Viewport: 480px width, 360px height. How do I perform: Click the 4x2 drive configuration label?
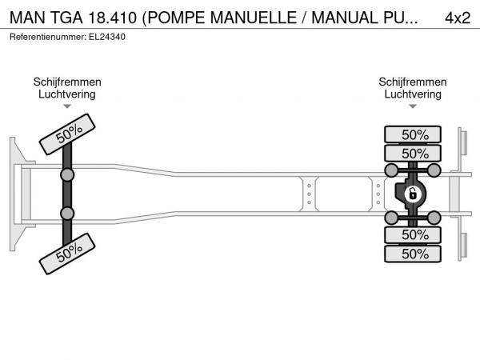coord(458,18)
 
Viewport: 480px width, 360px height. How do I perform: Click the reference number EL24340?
coord(107,37)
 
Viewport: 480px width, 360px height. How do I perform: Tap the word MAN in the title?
coord(27,18)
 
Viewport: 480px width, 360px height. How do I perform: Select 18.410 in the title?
coord(112,18)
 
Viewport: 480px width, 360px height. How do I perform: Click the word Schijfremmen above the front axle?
coord(67,82)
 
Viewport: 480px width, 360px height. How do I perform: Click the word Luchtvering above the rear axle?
coord(413,94)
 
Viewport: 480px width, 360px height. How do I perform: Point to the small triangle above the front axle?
coord(67,106)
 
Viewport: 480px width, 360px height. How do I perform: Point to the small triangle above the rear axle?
coord(413,106)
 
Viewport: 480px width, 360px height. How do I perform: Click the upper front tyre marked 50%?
coord(67,134)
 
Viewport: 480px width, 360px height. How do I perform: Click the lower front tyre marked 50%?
coord(67,254)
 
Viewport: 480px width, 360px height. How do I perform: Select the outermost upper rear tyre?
coord(413,134)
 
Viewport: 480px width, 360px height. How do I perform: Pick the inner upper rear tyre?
coord(413,153)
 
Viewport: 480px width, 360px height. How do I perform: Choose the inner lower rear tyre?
coord(413,234)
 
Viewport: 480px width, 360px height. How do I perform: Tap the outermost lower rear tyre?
coord(413,254)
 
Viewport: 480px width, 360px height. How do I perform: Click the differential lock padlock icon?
coord(412,194)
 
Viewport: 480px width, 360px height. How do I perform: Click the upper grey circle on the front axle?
coord(67,175)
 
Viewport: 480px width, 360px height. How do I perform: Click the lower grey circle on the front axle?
coord(67,214)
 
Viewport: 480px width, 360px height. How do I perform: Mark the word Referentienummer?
coord(48,37)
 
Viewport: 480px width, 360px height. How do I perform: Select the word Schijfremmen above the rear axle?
coord(413,82)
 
